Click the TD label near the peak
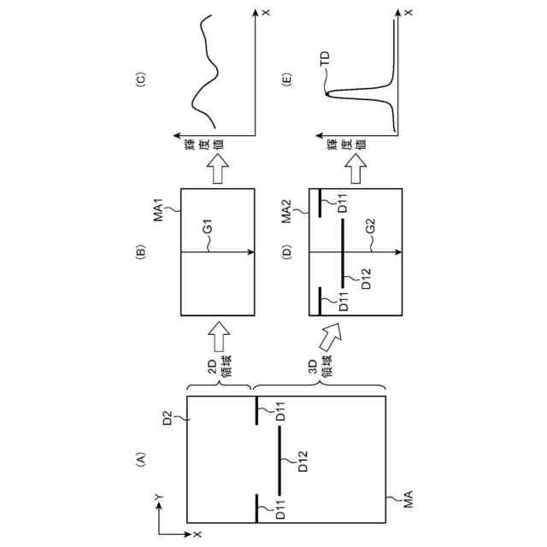pos(324,58)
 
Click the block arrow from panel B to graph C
pos(219,171)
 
